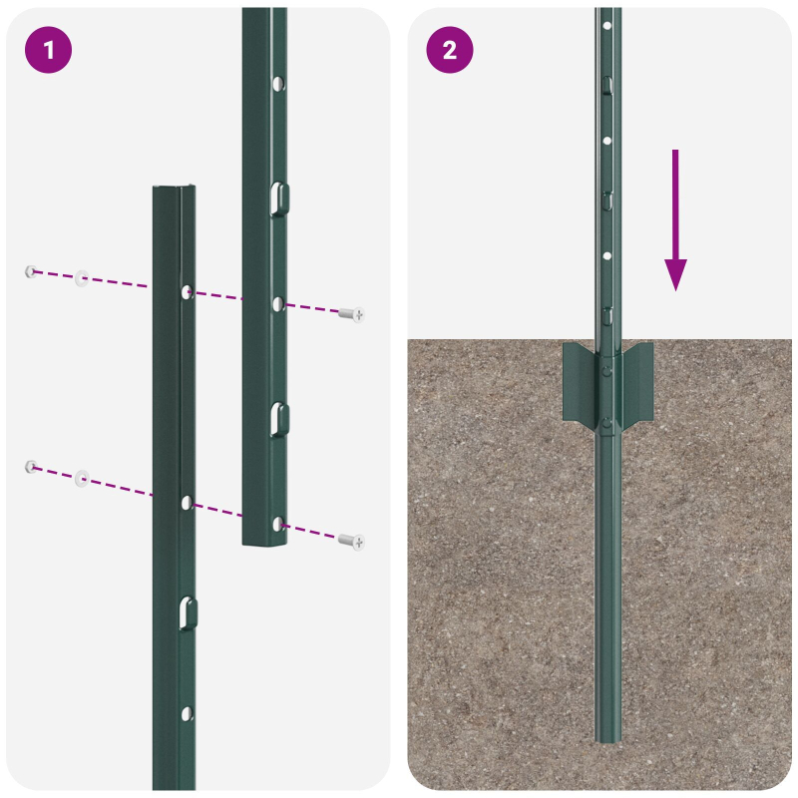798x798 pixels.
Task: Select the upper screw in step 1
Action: click(351, 314)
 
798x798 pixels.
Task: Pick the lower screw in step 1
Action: click(351, 541)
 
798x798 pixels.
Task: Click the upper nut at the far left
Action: click(32, 270)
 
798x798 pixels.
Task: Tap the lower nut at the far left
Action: click(32, 466)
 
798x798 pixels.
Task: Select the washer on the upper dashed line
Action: click(82, 278)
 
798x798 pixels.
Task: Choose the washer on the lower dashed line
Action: click(82, 478)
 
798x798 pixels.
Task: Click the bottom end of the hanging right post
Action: click(264, 542)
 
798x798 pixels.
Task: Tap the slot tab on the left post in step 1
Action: click(187, 612)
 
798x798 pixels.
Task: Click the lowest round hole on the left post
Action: click(187, 713)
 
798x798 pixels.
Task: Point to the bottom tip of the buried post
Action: click(608, 738)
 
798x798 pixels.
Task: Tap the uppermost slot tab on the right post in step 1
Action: click(278, 198)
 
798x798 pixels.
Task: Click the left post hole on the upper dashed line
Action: click(187, 291)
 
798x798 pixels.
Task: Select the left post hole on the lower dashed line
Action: click(187, 502)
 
